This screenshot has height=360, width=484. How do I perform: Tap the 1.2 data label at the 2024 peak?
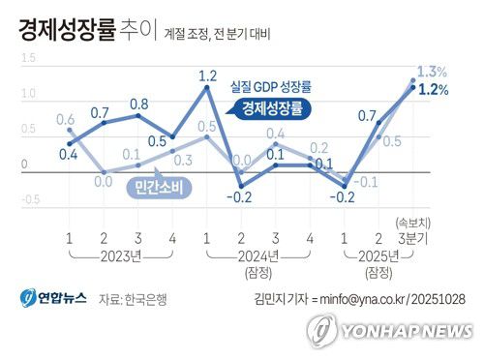(207, 75)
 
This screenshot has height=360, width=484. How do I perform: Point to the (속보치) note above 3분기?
(413, 222)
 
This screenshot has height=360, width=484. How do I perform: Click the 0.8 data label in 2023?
(138, 104)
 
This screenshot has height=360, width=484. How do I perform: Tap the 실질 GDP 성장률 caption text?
(277, 86)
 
